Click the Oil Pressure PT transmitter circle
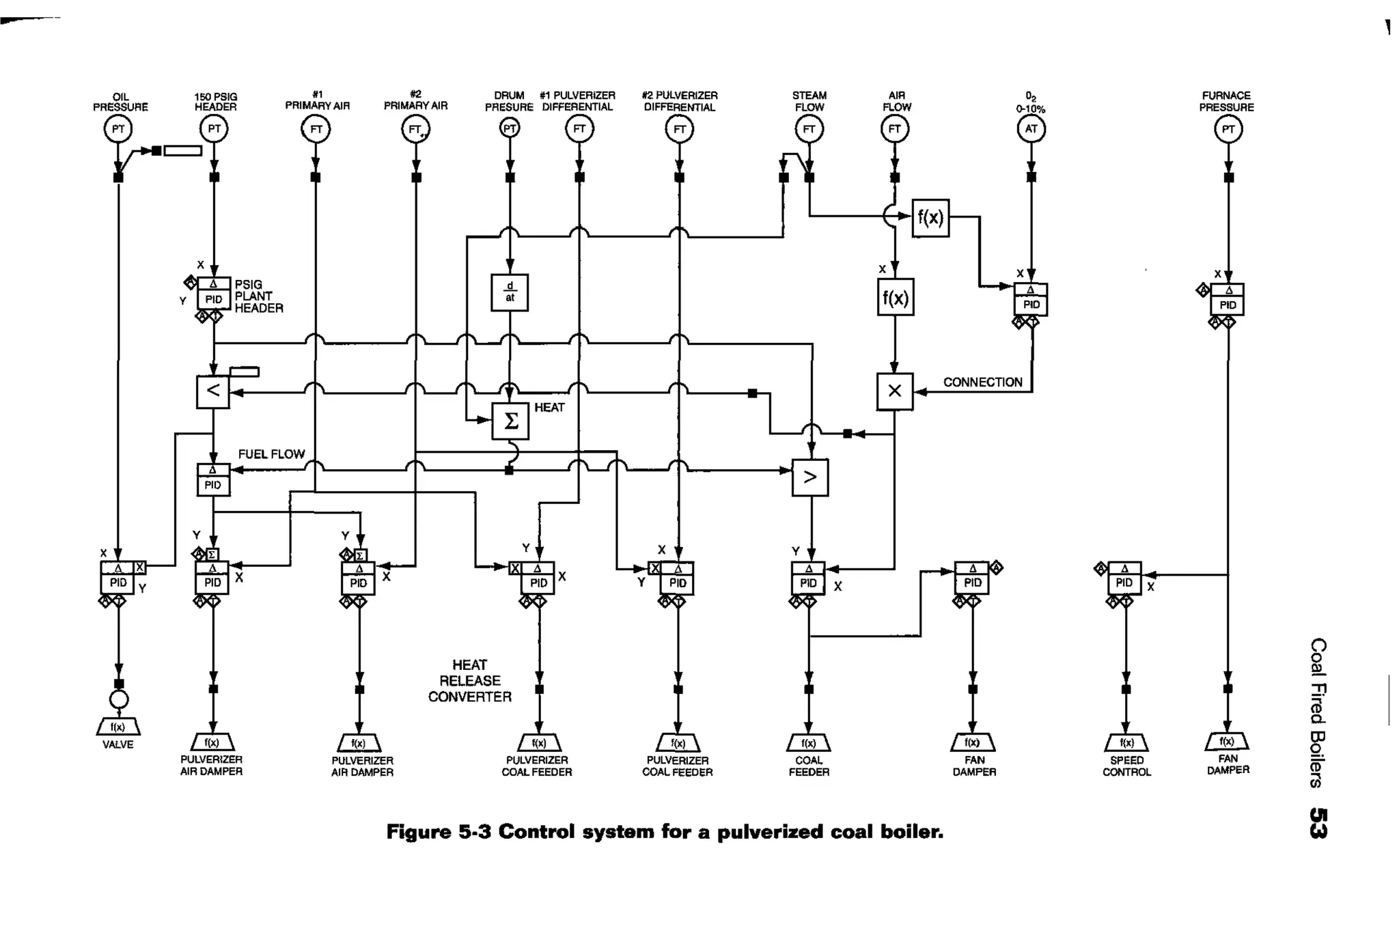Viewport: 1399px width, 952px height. (x=118, y=129)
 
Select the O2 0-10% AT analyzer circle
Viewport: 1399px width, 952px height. (x=1031, y=129)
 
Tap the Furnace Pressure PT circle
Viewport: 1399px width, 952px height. (x=1228, y=129)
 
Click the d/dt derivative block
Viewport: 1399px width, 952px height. (x=510, y=292)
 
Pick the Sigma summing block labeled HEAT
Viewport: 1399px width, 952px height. (x=510, y=421)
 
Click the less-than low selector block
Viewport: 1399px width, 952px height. (x=213, y=391)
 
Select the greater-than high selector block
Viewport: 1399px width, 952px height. (x=810, y=477)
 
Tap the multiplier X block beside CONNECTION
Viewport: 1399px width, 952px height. (x=894, y=391)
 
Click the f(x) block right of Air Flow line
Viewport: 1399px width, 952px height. (x=930, y=218)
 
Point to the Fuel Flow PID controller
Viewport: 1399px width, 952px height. (x=213, y=479)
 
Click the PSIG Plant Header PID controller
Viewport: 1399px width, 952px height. (x=214, y=294)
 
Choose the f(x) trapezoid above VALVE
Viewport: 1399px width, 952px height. (x=118, y=727)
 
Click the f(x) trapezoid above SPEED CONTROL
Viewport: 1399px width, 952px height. (x=1126, y=742)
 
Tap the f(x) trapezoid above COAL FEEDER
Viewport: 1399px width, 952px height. (x=809, y=742)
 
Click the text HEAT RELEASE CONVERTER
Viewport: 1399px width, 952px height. (x=469, y=681)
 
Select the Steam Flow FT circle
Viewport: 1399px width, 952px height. (x=809, y=129)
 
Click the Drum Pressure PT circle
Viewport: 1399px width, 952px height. (x=510, y=128)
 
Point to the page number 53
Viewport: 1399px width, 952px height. (x=1318, y=823)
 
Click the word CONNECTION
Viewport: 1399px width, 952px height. (x=982, y=382)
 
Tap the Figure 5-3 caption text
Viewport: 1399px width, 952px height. (x=664, y=832)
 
